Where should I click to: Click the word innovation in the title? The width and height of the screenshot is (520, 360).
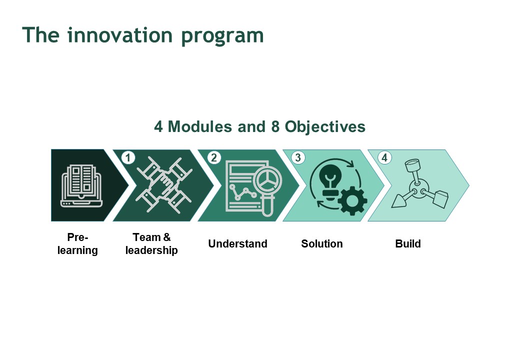(x=119, y=35)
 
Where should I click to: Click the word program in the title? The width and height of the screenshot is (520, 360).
(x=222, y=36)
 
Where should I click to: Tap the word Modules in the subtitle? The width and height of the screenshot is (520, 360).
(x=200, y=126)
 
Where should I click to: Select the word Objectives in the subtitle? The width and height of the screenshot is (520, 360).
(x=325, y=127)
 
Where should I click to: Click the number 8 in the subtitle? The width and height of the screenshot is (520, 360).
(x=275, y=126)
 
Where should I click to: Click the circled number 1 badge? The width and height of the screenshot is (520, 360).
(x=128, y=157)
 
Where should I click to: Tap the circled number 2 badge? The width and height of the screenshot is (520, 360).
(x=214, y=157)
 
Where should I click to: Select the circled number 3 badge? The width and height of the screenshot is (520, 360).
(x=298, y=157)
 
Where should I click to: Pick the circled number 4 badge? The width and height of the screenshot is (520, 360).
(x=384, y=157)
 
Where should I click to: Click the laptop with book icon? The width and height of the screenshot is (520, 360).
(x=81, y=185)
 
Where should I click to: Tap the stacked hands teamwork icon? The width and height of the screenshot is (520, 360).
(x=164, y=184)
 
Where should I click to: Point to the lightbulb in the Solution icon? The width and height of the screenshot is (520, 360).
(x=330, y=182)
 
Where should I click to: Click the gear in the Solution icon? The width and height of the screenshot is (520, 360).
(x=352, y=201)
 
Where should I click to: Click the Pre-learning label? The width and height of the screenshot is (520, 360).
(x=77, y=243)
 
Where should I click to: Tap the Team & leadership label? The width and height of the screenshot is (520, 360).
(x=151, y=243)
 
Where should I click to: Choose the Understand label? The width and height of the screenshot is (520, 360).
(x=238, y=243)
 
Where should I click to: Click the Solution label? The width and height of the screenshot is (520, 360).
(x=321, y=243)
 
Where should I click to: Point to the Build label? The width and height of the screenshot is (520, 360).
(x=408, y=243)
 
